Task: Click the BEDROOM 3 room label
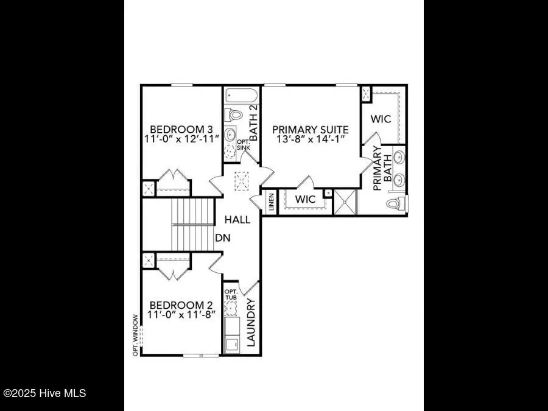(181, 129)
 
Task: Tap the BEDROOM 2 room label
(181, 305)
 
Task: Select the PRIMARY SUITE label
(310, 129)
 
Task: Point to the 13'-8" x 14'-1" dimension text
(310, 140)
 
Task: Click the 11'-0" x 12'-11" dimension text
(181, 140)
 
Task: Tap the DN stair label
(223, 238)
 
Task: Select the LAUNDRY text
(251, 321)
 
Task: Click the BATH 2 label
(253, 123)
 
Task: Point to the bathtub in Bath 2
(242, 96)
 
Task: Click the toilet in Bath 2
(234, 114)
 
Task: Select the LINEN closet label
(271, 203)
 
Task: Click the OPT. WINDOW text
(135, 335)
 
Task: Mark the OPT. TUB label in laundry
(231, 295)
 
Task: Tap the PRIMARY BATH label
(381, 173)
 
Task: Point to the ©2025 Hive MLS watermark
(44, 393)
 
